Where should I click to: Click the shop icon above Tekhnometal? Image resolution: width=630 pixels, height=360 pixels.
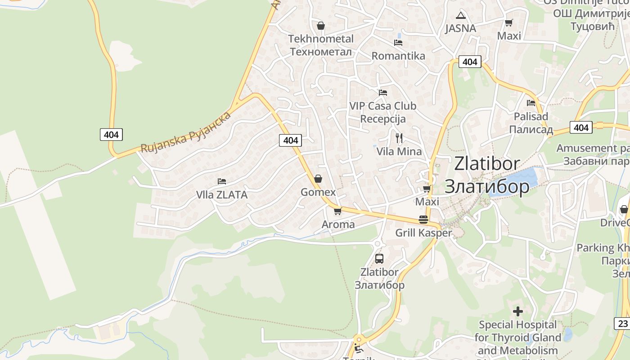(321, 26)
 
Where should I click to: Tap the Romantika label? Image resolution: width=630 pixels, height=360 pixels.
(398, 56)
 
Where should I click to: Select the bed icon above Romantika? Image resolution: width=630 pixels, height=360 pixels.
(398, 43)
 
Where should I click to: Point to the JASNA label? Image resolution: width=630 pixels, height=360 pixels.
(460, 28)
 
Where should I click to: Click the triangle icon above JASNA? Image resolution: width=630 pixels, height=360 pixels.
(460, 15)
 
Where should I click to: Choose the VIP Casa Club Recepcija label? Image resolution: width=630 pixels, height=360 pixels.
(383, 112)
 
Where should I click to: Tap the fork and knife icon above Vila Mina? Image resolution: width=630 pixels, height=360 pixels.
(399, 138)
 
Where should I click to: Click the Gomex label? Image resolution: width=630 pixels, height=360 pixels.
(318, 192)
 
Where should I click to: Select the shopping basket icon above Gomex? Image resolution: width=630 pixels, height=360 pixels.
(318, 179)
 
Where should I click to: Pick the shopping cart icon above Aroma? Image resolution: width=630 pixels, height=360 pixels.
(338, 211)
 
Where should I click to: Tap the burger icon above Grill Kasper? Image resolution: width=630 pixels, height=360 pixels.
(423, 220)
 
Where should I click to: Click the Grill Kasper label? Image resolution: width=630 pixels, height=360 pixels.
(423, 233)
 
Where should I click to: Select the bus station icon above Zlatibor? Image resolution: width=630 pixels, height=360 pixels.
(379, 259)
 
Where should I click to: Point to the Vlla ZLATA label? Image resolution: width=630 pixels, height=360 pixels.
(222, 195)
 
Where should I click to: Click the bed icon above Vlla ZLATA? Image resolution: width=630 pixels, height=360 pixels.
(222, 181)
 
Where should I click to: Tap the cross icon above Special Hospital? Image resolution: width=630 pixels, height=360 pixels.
(518, 311)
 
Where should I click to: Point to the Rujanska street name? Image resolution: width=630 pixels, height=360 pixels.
(185, 132)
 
